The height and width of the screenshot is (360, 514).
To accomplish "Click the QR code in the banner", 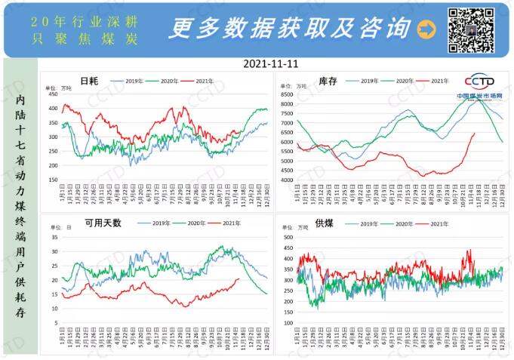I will pos(472,29).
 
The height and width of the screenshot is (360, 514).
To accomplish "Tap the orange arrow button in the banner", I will pos(427,29).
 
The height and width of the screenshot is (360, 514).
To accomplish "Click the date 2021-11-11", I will pos(271,64).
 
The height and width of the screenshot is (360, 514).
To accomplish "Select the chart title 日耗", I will pos(89,80).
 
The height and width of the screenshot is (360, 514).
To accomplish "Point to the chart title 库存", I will pos(327,80).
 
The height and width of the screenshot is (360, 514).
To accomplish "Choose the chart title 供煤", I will pos(324,223).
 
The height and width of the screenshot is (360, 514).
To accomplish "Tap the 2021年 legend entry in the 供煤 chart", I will pos(435,223).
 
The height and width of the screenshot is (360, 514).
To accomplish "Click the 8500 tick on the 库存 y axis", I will pos(285,94).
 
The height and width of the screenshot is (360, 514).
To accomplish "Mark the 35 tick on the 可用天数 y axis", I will pos(54,237).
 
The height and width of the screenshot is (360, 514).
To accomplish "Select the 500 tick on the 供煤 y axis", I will pos(285,237).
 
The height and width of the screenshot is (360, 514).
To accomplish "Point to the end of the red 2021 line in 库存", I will pos(473,134).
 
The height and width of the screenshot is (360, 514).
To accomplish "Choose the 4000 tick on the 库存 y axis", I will pos(285,180).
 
